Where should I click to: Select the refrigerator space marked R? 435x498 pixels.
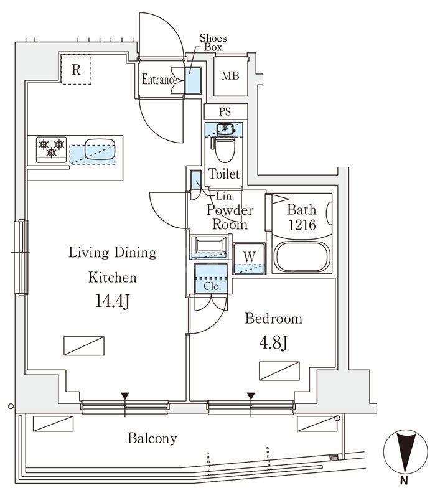pyautogui.click(x=76, y=70)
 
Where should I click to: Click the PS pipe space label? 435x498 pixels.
pyautogui.click(x=225, y=112)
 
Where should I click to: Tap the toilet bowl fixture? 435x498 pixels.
pyautogui.click(x=224, y=148)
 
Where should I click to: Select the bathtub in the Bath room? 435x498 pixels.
pyautogui.click(x=301, y=258)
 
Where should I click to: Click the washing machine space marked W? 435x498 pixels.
pyautogui.click(x=248, y=256)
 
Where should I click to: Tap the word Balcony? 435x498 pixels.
pyautogui.click(x=152, y=438)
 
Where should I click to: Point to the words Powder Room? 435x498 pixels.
pyautogui.click(x=230, y=217)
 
